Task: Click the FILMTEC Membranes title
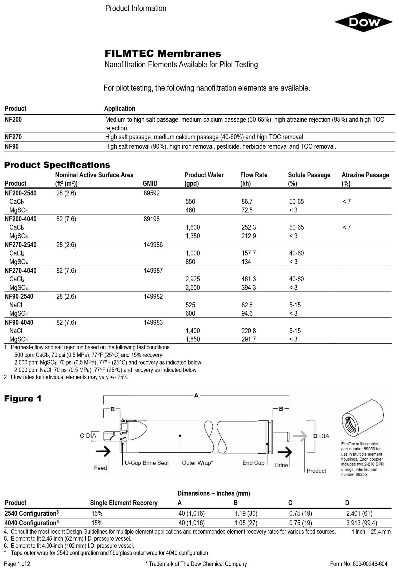click(x=163, y=53)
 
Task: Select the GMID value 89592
click(x=152, y=193)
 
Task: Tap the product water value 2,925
click(x=192, y=279)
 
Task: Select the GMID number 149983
click(x=153, y=322)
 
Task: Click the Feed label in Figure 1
click(x=100, y=468)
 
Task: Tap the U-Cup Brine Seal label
click(x=147, y=463)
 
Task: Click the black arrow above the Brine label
click(x=285, y=453)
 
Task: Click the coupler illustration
click(x=362, y=420)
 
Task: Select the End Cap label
click(x=253, y=463)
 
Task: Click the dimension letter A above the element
click(x=196, y=395)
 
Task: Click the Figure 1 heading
click(x=23, y=399)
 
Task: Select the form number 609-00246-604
click(x=359, y=564)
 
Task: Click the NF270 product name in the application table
click(x=13, y=137)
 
